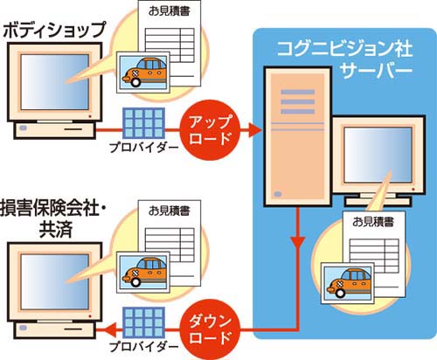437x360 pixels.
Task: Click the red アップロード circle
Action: tap(210, 130)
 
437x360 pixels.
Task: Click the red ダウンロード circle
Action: tap(210, 330)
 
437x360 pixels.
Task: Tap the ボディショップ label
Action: tap(54, 30)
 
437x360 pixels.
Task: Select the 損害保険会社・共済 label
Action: tap(52, 219)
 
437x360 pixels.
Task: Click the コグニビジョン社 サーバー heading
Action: tap(345, 59)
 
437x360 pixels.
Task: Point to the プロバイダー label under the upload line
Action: tap(143, 147)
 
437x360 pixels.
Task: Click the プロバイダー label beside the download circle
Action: tap(143, 346)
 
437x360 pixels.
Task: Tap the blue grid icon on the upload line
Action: tap(143, 123)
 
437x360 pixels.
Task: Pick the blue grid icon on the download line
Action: tap(143, 322)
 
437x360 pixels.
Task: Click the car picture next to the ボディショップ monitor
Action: tap(142, 73)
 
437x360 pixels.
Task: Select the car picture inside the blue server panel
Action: tap(347, 283)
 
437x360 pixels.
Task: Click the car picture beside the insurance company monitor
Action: tap(142, 273)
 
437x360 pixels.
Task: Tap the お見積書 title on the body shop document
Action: tap(169, 11)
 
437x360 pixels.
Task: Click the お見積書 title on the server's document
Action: tap(373, 222)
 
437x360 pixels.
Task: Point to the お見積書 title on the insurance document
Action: tap(169, 211)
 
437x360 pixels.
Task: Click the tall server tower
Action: tap(298, 137)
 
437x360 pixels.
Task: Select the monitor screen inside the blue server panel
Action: tap(378, 155)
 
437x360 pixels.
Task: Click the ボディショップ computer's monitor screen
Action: tap(55, 82)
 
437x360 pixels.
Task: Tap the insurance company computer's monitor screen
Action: tap(55, 281)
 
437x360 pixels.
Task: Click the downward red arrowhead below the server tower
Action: tap(298, 243)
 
